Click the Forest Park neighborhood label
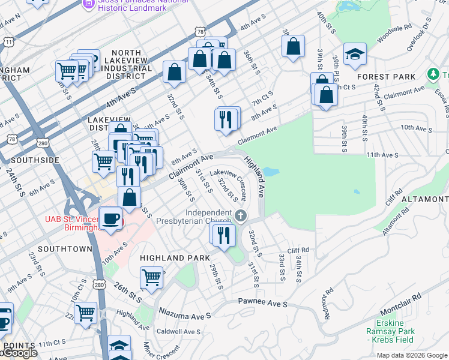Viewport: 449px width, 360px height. [x=386, y=77]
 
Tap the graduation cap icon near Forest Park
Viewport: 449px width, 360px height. [x=355, y=55]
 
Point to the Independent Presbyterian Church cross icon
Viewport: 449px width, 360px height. [x=241, y=215]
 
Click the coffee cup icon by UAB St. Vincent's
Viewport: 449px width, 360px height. [x=110, y=219]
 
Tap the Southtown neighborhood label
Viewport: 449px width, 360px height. [x=65, y=248]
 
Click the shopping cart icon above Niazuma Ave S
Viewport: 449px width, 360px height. [x=151, y=277]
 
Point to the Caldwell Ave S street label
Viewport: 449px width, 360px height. [x=178, y=332]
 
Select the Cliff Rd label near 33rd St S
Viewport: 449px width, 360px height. [x=297, y=250]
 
